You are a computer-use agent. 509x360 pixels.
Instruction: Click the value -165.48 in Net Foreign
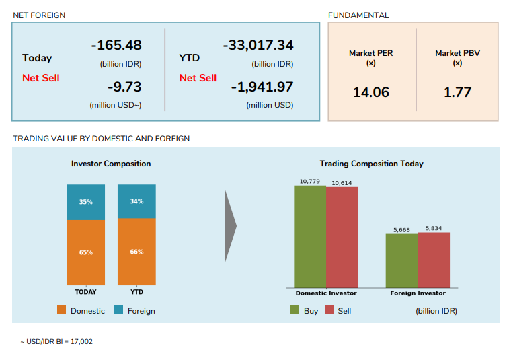116,46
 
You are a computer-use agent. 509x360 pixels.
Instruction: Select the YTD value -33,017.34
258,46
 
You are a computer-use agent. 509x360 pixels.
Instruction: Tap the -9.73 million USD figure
124,87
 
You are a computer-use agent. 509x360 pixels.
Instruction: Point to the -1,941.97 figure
262,87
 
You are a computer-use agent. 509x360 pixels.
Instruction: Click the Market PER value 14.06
371,92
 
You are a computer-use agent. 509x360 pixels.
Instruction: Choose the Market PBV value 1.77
457,92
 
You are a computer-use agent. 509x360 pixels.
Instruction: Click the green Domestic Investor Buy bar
310,236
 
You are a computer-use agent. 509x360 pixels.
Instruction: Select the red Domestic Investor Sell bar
342,237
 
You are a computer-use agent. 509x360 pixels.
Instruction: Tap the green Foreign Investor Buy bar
401,261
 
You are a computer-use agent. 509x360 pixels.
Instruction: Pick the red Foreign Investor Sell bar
434,260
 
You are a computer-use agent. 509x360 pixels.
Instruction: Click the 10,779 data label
310,182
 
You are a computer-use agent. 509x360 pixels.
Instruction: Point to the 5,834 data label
434,229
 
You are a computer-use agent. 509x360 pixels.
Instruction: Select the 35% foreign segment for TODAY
86,202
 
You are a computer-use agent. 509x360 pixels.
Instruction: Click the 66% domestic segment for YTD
136,252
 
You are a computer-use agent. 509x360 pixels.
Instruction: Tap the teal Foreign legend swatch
118,310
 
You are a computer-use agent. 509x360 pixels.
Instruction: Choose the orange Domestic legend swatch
61,310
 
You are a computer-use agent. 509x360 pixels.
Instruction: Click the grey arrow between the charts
230,226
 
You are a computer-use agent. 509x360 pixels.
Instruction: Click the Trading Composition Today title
371,164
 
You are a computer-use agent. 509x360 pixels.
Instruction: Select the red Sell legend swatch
329,310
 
